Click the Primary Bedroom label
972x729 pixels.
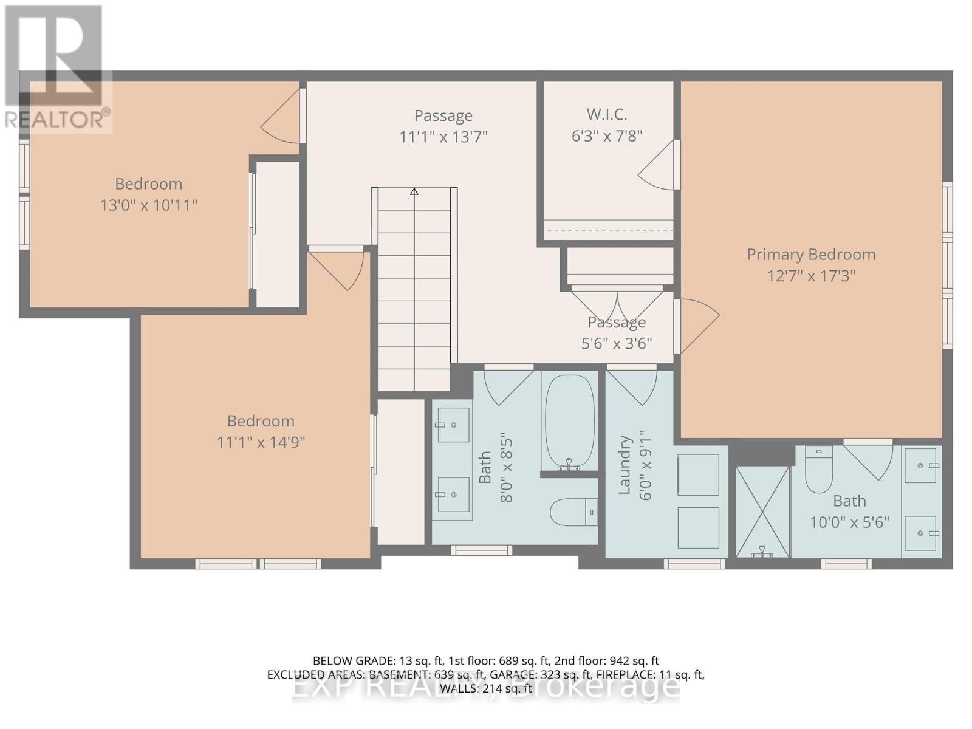point(811,255)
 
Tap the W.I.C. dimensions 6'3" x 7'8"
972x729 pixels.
point(607,136)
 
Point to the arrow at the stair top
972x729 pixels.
point(414,192)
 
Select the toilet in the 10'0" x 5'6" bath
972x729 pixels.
point(818,470)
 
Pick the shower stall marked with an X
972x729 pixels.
point(762,512)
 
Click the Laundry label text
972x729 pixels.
point(624,465)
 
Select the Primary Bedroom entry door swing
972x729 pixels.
point(697,324)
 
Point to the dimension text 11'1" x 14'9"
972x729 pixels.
point(261,442)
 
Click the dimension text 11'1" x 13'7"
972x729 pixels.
point(443,137)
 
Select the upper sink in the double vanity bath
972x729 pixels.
point(453,425)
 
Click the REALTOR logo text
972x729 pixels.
point(58,118)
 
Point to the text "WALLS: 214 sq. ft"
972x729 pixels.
point(486,688)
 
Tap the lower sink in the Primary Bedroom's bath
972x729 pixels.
point(921,533)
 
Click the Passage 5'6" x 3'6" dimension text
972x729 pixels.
point(617,344)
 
